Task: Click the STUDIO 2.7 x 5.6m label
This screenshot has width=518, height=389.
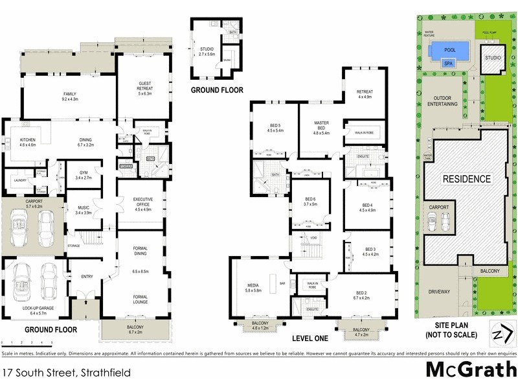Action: (207, 50)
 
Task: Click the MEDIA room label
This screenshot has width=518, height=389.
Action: (253, 287)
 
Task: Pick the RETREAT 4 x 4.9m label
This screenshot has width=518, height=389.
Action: (365, 94)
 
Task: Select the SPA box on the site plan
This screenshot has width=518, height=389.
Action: (447, 64)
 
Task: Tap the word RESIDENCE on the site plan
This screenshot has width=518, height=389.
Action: (466, 178)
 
